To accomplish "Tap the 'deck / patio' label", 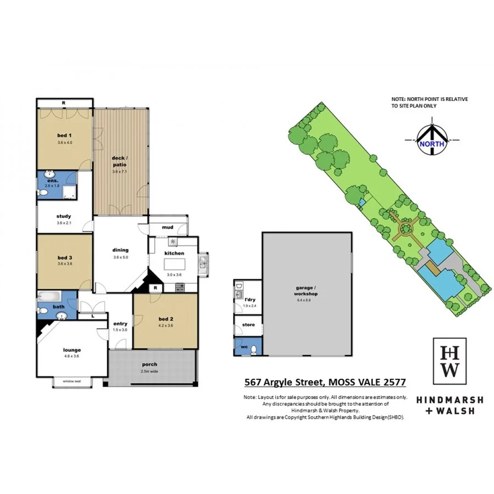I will pyautogui.click(x=120, y=160).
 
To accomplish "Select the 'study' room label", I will pyautogui.click(x=64, y=216).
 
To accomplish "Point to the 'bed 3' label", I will pyautogui.click(x=65, y=257).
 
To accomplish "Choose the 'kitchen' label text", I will pyautogui.click(x=175, y=253).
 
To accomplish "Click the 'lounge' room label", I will pyautogui.click(x=72, y=350).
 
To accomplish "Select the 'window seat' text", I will pyautogui.click(x=72, y=381).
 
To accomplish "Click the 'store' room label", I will pyautogui.click(x=248, y=325).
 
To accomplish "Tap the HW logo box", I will pyautogui.click(x=450, y=361).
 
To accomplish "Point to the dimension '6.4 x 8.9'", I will pyautogui.click(x=306, y=301).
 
